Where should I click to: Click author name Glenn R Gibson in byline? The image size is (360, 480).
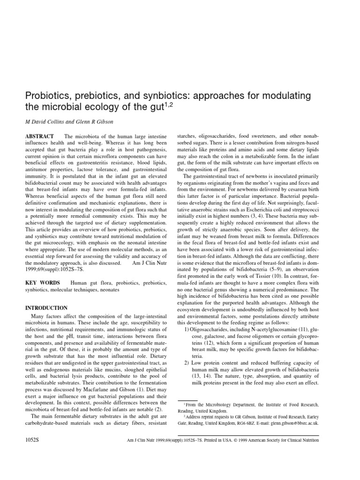[x=100, y=123]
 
